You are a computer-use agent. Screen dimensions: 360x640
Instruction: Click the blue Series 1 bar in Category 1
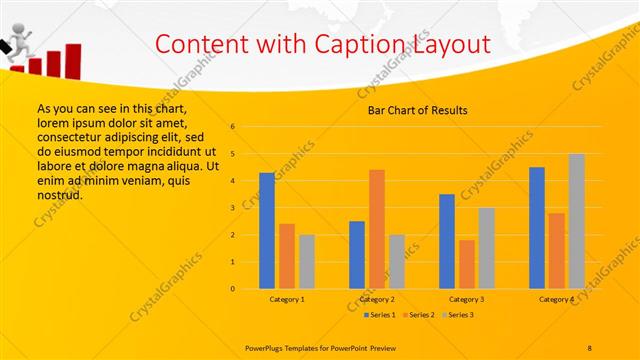[267, 231]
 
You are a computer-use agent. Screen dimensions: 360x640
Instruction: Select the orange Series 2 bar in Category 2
[377, 229]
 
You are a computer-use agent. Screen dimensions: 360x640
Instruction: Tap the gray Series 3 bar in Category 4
[576, 221]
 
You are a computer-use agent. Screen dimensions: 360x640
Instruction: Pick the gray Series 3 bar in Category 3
[486, 248]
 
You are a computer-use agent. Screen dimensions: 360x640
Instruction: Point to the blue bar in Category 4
[537, 228]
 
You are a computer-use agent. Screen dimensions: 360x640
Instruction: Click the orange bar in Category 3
[467, 264]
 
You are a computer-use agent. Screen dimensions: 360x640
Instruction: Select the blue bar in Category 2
[357, 255]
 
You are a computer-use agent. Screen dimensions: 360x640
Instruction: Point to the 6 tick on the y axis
[232, 127]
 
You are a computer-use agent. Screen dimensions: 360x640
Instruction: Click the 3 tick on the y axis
[232, 208]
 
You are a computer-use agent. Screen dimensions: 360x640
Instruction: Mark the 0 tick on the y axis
[232, 289]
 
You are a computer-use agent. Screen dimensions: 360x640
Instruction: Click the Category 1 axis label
[287, 299]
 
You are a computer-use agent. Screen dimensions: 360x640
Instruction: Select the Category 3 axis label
[467, 299]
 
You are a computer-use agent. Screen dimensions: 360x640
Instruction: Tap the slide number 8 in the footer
[590, 346]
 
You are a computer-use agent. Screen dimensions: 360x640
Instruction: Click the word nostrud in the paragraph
[59, 195]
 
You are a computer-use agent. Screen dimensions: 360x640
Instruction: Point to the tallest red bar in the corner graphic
[75, 58]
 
